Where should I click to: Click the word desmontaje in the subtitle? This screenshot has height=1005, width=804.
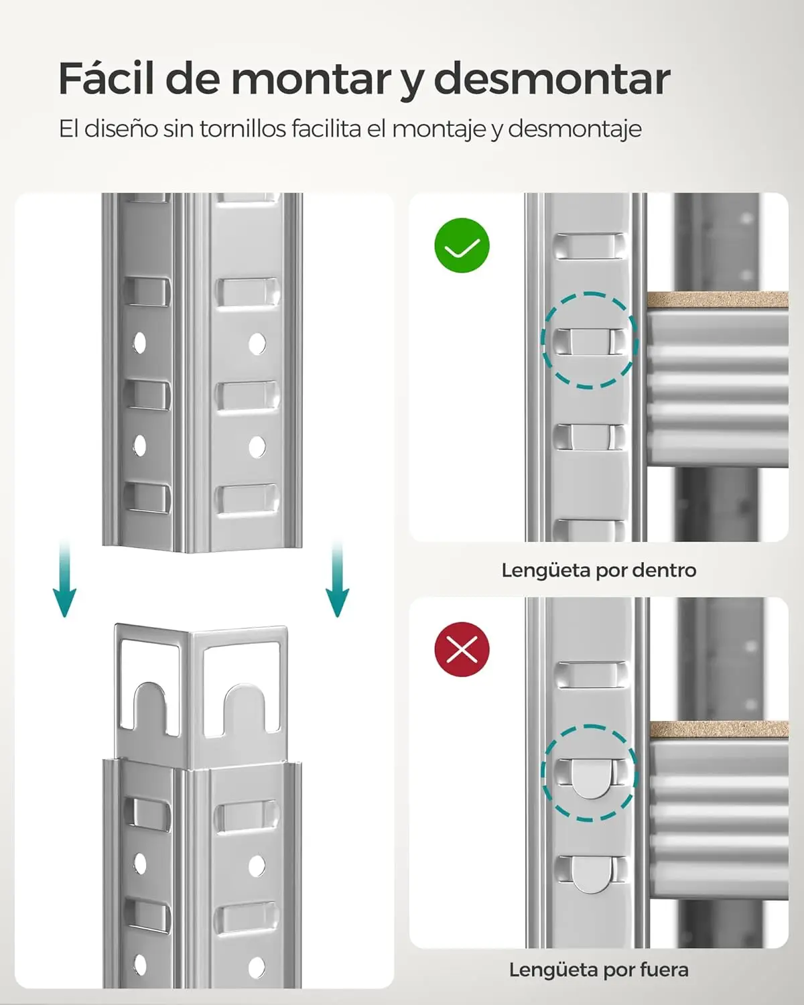(574, 129)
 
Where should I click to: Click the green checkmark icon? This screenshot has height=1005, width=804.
(462, 245)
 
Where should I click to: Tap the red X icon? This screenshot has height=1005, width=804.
(462, 649)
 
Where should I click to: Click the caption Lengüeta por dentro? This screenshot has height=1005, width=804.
(598, 570)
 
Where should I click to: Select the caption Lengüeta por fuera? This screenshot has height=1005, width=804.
(598, 969)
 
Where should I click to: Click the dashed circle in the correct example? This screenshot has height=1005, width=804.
(589, 340)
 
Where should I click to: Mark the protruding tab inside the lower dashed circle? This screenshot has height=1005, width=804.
(589, 777)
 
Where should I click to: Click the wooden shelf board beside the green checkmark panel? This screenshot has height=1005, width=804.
(717, 299)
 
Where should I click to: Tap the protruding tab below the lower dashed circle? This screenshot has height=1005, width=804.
(590, 874)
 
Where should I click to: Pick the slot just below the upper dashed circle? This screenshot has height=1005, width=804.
(589, 437)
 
